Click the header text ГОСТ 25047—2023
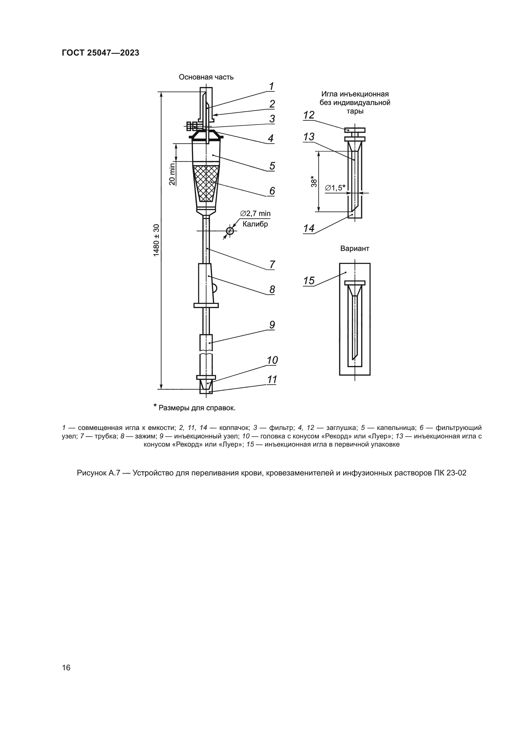click(x=100, y=53)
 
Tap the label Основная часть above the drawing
click(x=206, y=77)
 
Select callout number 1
click(x=271, y=86)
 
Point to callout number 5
click(x=272, y=166)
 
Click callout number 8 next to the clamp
click(x=272, y=289)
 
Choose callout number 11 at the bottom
click(x=272, y=379)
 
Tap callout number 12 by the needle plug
click(x=309, y=115)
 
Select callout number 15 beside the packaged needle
click(x=309, y=281)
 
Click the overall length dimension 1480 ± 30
click(x=156, y=240)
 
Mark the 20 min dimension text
click(x=172, y=174)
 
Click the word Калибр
click(x=255, y=224)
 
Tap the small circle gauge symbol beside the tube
click(x=230, y=231)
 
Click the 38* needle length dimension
click(x=314, y=181)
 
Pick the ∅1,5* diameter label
click(x=335, y=188)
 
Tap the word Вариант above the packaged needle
click(x=355, y=249)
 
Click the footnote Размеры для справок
click(x=197, y=408)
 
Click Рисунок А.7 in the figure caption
click(x=98, y=473)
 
